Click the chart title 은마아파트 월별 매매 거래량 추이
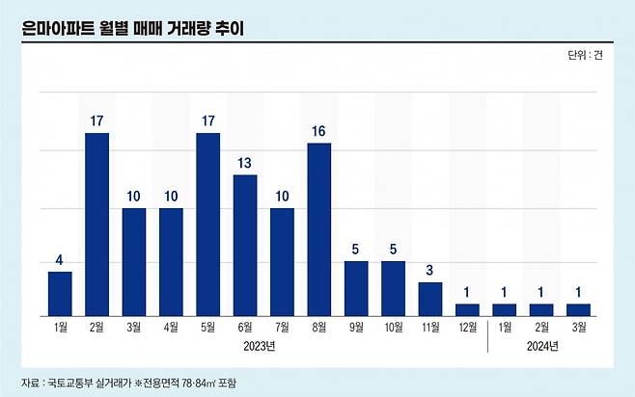[133, 28]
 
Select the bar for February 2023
[97, 224]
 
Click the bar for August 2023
[319, 229]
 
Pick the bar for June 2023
[245, 245]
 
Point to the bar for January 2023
[60, 293]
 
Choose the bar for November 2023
[430, 299]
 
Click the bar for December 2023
[467, 309]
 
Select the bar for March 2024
[578, 309]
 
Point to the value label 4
[60, 259]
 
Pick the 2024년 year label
[541, 345]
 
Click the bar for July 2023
[282, 261]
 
